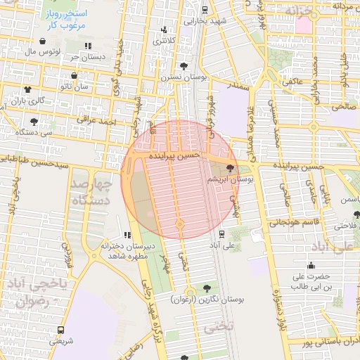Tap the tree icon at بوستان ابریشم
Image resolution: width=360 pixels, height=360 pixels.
[231, 167]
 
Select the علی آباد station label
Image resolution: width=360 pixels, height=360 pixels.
[221, 246]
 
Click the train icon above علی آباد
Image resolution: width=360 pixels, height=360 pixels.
[221, 234]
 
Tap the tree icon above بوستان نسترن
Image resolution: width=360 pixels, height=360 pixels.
[184, 67]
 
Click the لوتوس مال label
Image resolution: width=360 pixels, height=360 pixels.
[40, 52]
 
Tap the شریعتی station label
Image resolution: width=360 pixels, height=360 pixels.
[60, 341]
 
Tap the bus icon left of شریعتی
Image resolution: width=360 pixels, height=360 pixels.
[60, 328]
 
